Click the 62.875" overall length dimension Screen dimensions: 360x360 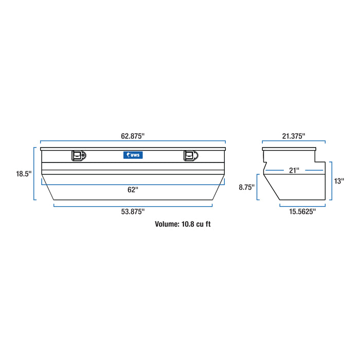coord(133,136)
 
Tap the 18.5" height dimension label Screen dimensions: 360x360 coord(24,174)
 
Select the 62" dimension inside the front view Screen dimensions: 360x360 coord(133,189)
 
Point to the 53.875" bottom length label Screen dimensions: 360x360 coord(133,211)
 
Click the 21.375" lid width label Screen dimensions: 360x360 coord(294,136)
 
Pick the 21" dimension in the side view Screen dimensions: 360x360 coord(294,170)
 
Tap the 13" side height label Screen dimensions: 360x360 coord(339,181)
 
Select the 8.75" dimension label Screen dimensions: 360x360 coord(247,188)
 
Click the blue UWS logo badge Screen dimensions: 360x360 coord(133,154)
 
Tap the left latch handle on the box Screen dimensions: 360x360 coord(78,155)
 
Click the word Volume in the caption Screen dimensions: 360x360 coord(167,224)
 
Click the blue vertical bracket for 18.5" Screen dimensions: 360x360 coord(34,174)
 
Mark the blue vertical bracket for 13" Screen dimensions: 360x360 coord(331,181)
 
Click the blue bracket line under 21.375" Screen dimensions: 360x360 coord(294,142)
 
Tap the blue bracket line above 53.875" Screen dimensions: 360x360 coord(133,206)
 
